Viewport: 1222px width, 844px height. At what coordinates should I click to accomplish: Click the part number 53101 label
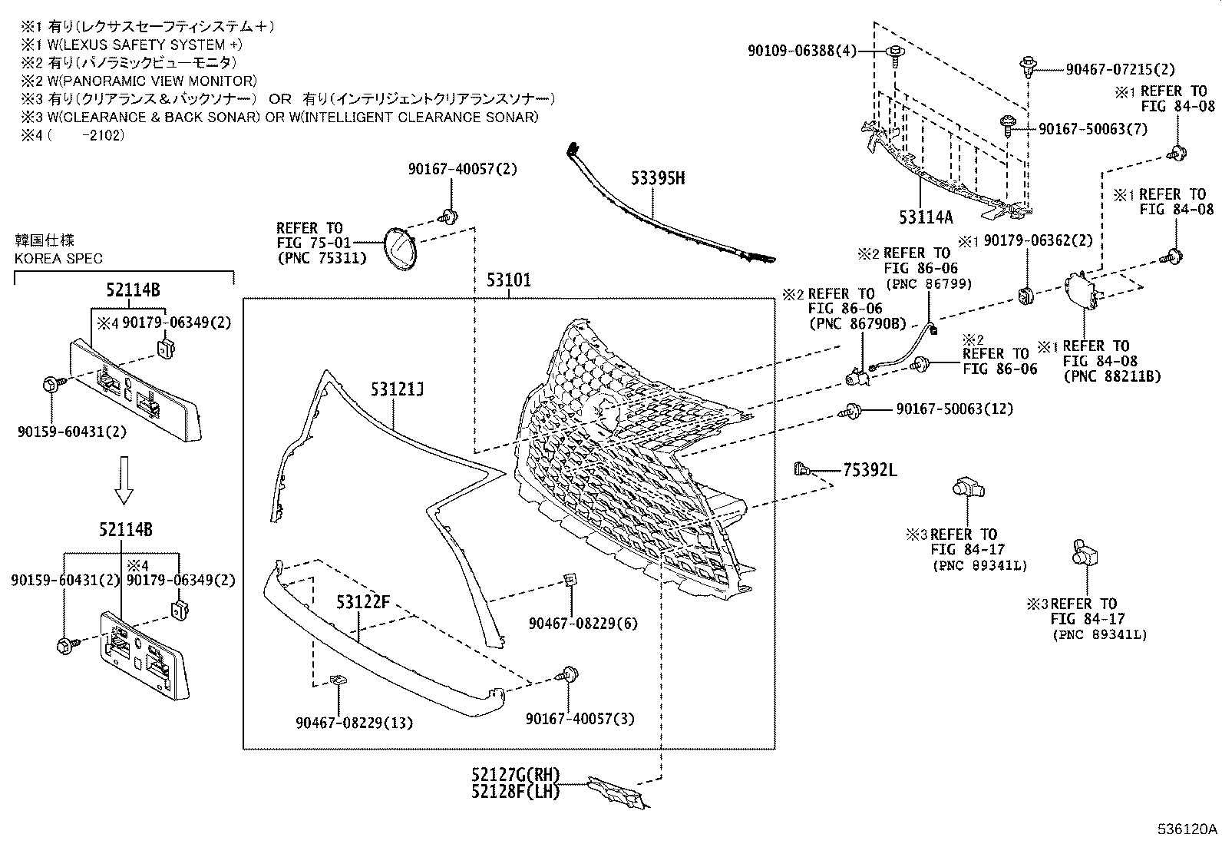(507, 280)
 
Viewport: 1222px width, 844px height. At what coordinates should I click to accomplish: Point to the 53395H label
(658, 179)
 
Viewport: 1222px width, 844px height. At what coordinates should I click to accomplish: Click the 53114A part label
(926, 217)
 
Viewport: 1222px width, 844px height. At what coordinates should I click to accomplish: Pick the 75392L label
(869, 470)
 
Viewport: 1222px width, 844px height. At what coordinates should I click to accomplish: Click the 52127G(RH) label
(516, 774)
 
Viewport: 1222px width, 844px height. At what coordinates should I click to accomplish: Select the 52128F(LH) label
(516, 790)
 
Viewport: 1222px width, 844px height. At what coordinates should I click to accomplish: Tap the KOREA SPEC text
(58, 258)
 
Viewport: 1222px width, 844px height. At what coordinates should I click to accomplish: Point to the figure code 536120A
(1187, 829)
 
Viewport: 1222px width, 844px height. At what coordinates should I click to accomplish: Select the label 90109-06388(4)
(801, 51)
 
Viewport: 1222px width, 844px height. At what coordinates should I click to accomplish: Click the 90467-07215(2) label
(1120, 69)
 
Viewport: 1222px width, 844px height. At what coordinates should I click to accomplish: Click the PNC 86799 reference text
(929, 283)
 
